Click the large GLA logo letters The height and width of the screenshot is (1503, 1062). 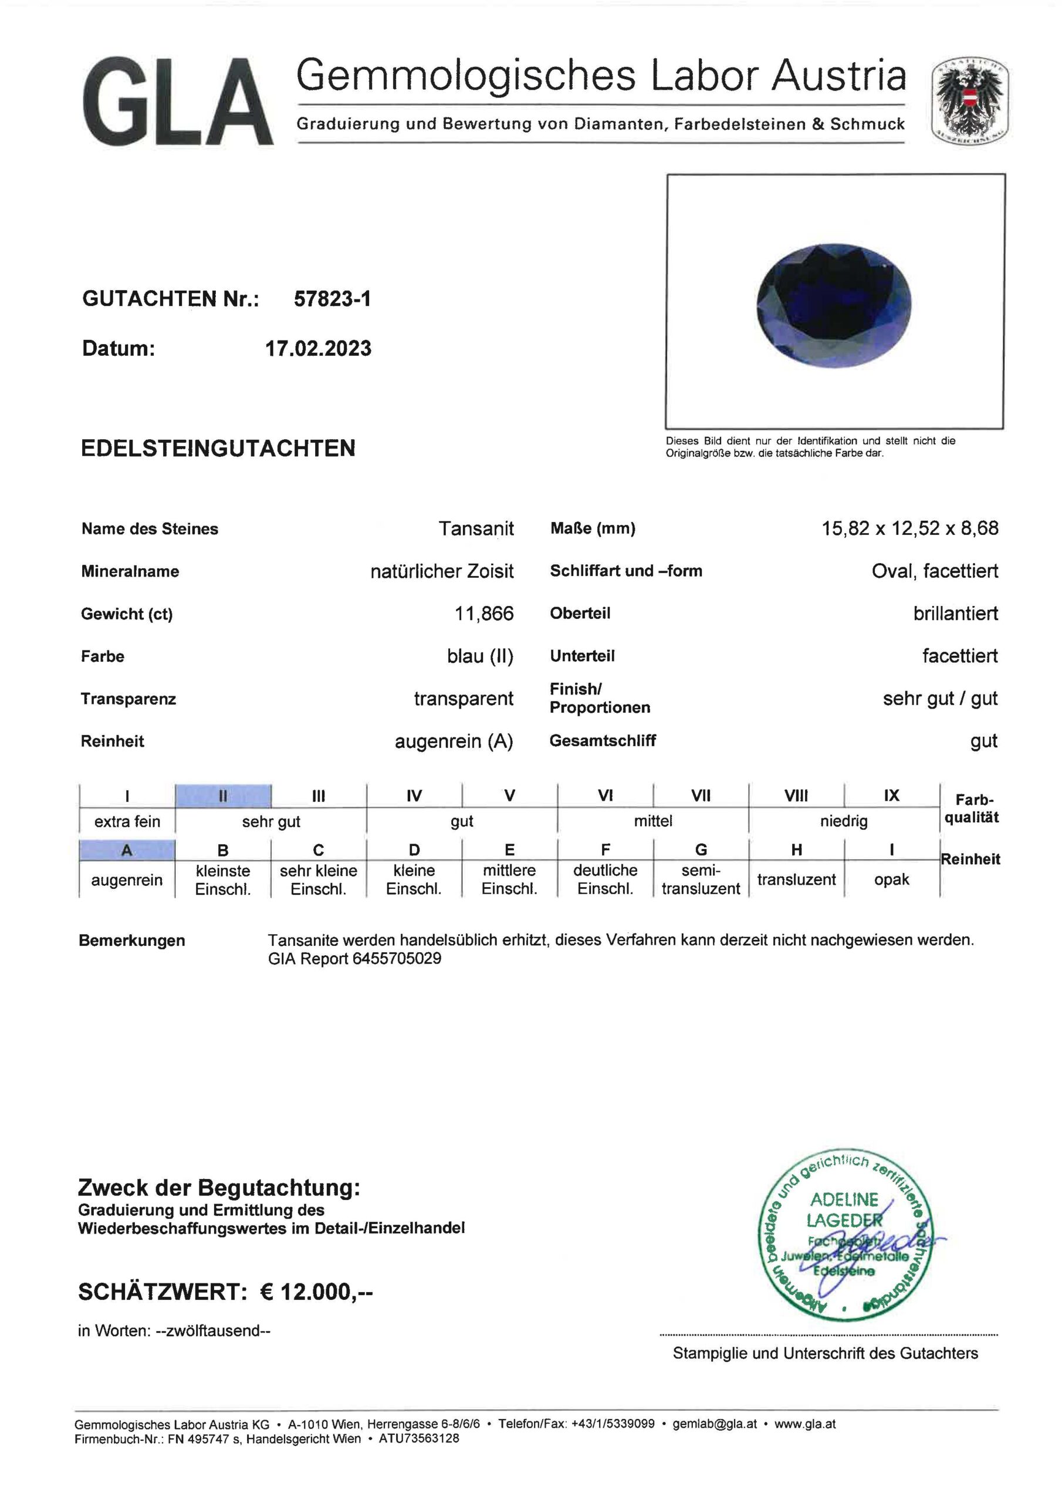[x=177, y=102]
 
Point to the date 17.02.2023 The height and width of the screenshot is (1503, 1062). [x=318, y=348]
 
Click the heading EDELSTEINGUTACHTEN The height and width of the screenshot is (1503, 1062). [x=218, y=449]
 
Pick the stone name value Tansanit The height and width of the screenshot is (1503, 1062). [x=476, y=528]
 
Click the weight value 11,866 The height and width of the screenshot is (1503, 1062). [x=483, y=614]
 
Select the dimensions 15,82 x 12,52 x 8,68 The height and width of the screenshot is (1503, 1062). [x=909, y=528]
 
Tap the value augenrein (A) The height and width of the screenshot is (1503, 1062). [x=454, y=741]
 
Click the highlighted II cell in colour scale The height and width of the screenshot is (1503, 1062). [x=223, y=796]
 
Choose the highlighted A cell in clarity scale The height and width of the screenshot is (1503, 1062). [x=127, y=850]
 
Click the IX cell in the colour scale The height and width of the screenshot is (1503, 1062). [x=891, y=796]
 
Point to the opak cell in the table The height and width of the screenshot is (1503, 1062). [x=891, y=879]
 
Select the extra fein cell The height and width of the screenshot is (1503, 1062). [x=127, y=821]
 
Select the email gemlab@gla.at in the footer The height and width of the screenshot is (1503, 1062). [x=715, y=1423]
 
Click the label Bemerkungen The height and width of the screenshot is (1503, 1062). [x=131, y=941]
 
